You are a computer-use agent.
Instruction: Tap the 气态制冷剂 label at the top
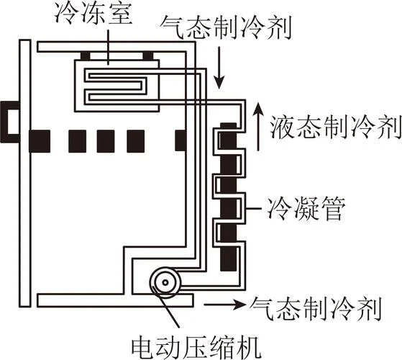[x=226, y=27]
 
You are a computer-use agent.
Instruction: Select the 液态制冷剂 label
[x=336, y=127]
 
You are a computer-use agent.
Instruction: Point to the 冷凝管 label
[x=306, y=208]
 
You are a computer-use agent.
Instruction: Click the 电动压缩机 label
[x=196, y=346]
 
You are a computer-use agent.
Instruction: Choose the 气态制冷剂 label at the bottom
[x=316, y=309]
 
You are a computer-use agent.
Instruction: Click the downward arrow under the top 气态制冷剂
[x=219, y=68]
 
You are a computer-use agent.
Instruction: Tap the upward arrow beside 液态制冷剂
[x=258, y=127]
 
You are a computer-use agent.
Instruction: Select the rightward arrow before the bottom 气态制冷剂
[x=224, y=305]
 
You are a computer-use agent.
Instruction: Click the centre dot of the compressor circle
[x=165, y=283]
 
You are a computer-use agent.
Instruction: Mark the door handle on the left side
[x=10, y=122]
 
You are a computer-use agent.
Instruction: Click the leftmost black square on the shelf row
[x=40, y=141]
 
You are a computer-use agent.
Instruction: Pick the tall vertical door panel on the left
[x=25, y=174]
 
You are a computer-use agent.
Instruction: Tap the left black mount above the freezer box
[x=86, y=56]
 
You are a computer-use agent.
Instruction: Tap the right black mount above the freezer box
[x=148, y=56]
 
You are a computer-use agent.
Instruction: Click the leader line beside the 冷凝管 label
[x=254, y=208]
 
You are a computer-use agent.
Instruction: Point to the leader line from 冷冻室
[x=109, y=48]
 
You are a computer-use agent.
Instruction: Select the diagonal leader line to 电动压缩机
[x=166, y=306]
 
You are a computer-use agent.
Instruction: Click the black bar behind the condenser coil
[x=228, y=197]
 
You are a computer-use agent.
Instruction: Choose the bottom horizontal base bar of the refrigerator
[x=115, y=301]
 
